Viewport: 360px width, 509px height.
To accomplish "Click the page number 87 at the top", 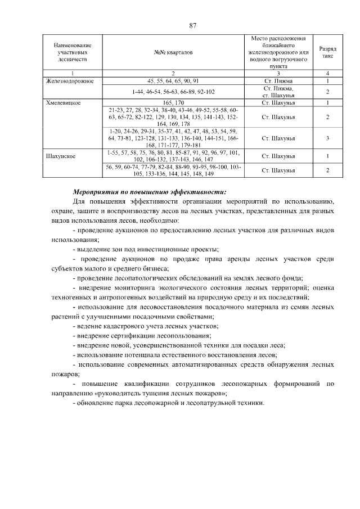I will tap(192, 26).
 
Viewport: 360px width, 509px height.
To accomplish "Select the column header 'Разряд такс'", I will tap(328, 52).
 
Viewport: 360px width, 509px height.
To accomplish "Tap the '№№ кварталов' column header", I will tap(173, 52).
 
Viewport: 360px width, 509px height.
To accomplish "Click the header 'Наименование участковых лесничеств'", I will tap(73, 52).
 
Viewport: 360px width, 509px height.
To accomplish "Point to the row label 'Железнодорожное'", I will tap(70, 81).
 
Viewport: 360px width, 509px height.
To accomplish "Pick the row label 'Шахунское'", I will tap(62, 152).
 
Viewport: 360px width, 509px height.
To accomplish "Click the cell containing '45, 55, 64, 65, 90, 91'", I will tap(173, 81).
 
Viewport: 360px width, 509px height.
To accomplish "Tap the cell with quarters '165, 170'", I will tap(173, 103).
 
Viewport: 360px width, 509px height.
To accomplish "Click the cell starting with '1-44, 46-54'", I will tap(173, 92).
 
